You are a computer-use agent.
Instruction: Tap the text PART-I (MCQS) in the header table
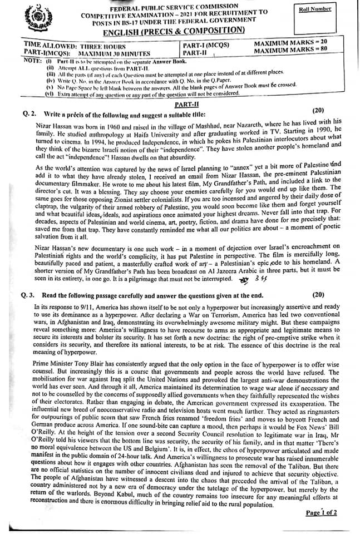[206, 44]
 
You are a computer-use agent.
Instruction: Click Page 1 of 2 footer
[321, 512]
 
